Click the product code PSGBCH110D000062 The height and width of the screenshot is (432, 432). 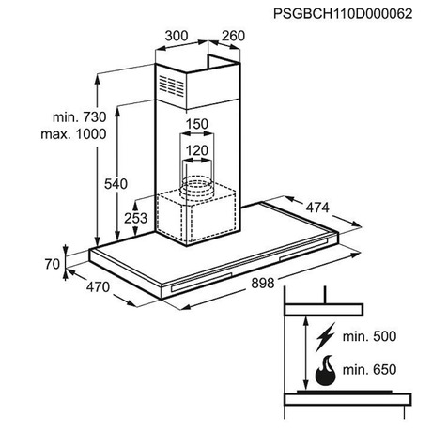(343, 14)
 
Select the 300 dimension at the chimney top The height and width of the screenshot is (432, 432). (177, 36)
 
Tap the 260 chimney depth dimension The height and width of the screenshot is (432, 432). (233, 36)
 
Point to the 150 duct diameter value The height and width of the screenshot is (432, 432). (197, 124)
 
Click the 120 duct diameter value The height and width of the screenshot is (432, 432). (197, 151)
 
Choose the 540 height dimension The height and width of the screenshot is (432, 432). (116, 184)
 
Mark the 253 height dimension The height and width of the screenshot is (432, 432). (135, 218)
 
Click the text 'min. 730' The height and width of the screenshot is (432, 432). (80, 117)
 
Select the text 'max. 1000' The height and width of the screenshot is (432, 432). (73, 134)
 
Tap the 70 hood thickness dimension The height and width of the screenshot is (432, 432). (52, 264)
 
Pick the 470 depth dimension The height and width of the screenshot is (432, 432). (98, 287)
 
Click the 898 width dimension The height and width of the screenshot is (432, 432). (263, 284)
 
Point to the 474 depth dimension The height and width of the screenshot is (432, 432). (317, 208)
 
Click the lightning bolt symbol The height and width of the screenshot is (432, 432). (325, 337)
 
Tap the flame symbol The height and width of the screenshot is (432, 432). (326, 370)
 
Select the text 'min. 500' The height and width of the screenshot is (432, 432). (369, 336)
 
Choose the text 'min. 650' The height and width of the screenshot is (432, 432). (369, 370)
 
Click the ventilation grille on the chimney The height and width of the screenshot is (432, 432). (171, 85)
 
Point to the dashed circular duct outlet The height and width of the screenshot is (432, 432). (196, 187)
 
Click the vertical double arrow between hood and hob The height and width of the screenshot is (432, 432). (304, 352)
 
